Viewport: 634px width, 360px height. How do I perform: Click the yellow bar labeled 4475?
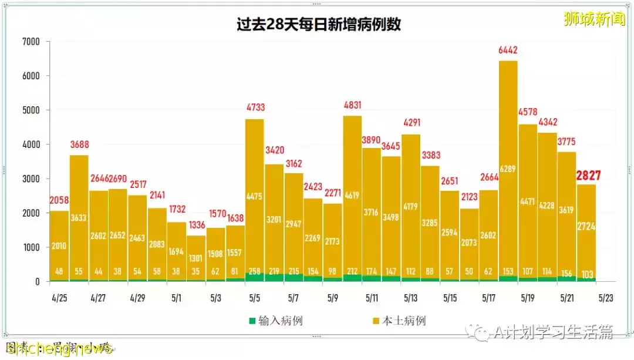click(x=254, y=196)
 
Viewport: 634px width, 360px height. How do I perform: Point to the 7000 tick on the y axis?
click(x=31, y=42)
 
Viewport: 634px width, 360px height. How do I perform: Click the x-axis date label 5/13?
click(x=410, y=298)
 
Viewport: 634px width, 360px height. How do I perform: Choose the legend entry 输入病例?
click(x=275, y=321)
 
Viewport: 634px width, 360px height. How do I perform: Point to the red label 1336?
click(x=196, y=226)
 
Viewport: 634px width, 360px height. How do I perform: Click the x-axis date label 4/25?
click(x=59, y=298)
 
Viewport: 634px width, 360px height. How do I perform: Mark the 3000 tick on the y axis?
click(x=31, y=179)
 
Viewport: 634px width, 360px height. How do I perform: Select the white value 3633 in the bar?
click(x=79, y=217)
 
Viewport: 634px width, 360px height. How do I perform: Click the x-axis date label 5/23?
click(x=606, y=298)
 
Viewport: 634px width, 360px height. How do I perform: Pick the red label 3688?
click(x=79, y=145)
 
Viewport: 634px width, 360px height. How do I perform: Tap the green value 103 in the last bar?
click(x=586, y=273)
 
